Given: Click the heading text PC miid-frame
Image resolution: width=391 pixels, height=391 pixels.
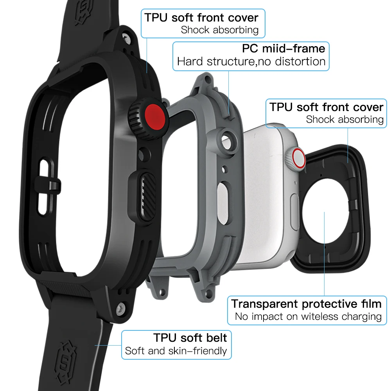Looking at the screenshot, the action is tap(283, 48).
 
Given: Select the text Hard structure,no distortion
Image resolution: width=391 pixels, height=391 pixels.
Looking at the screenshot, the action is tap(251, 61).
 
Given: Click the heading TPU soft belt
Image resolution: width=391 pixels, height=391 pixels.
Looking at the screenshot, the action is tap(190, 337).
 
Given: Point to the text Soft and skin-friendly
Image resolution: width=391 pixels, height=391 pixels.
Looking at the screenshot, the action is tap(176, 351).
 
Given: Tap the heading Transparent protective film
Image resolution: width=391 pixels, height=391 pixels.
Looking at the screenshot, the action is tap(306, 303).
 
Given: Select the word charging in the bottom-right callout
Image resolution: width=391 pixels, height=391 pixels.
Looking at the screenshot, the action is tap(360, 317).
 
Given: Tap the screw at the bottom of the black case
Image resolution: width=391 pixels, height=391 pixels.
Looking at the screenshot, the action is tap(122, 307).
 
